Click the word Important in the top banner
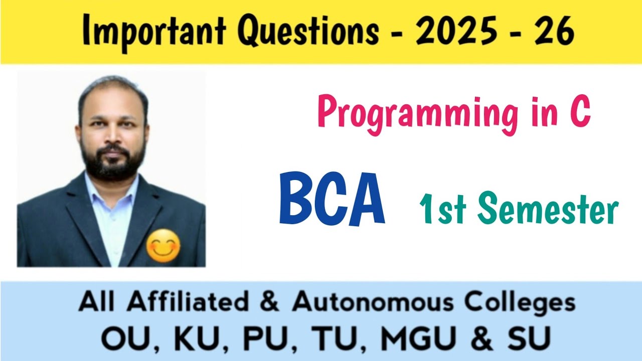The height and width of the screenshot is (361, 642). pos(152,31)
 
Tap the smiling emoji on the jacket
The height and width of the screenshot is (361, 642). pos(163,246)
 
